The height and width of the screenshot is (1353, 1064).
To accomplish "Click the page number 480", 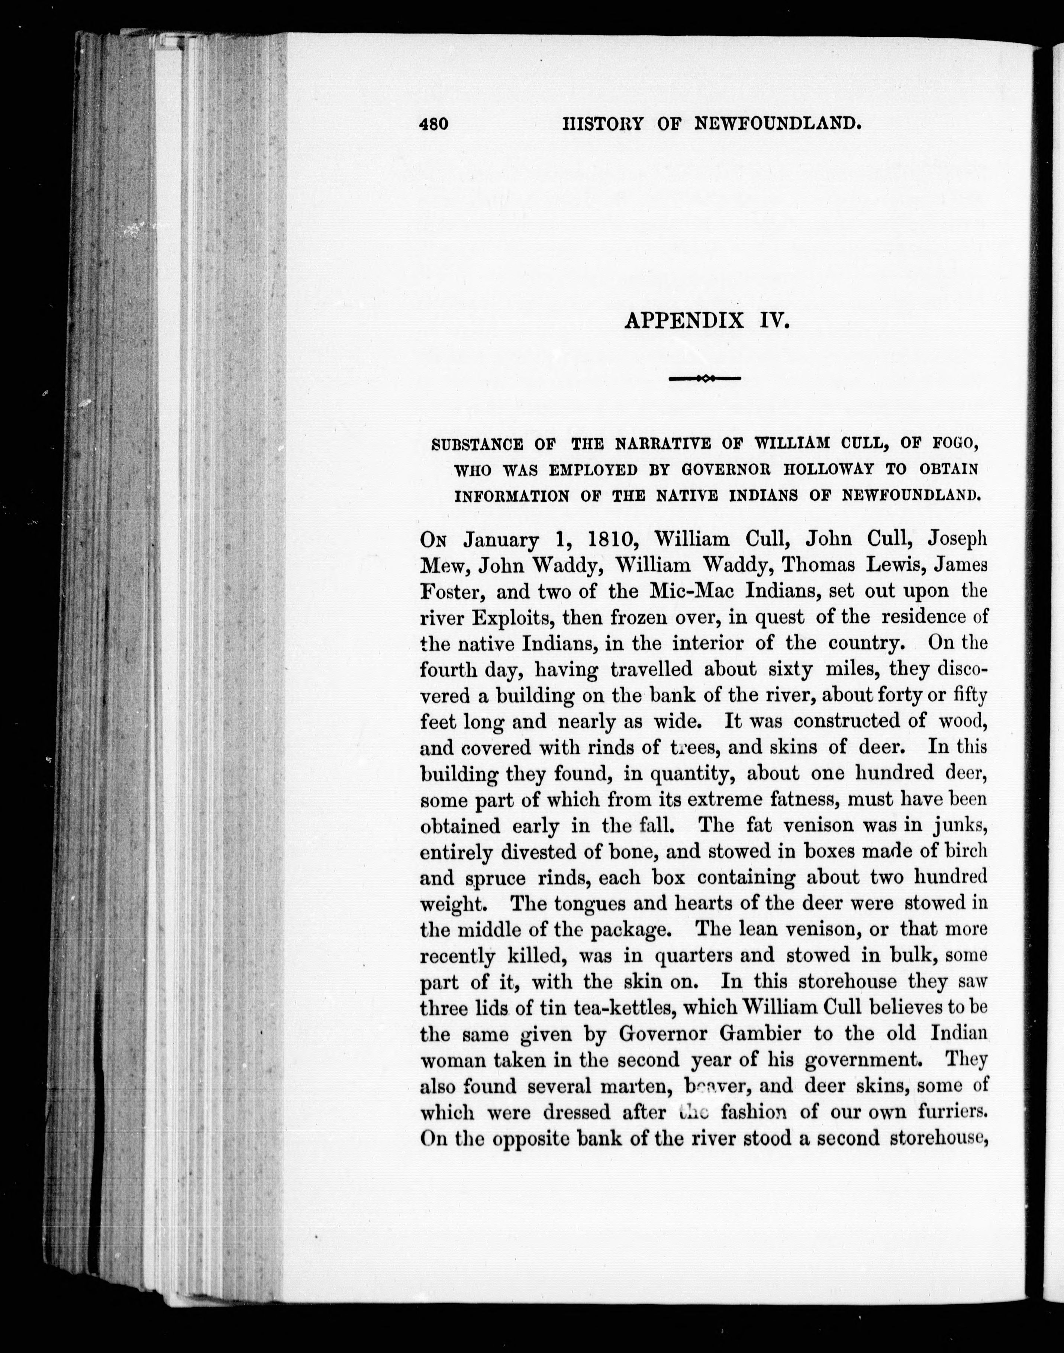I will click(434, 124).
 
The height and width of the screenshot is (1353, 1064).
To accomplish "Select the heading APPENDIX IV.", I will click(706, 321).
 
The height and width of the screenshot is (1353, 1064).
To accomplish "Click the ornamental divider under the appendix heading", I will click(704, 378).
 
